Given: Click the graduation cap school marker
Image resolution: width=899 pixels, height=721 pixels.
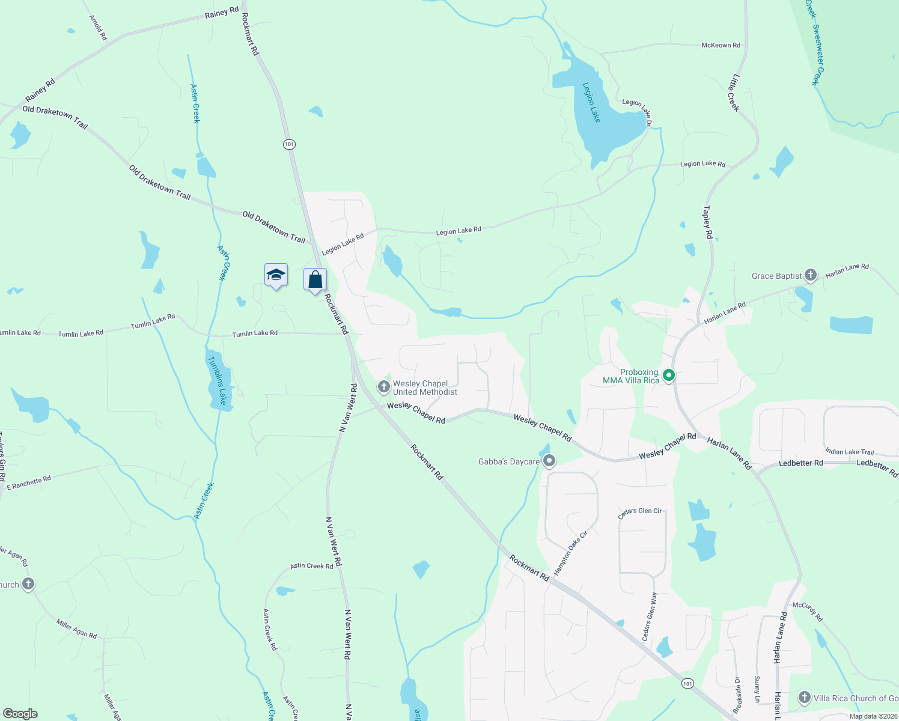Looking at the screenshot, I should [276, 275].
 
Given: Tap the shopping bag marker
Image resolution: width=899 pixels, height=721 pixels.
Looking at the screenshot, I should [315, 279].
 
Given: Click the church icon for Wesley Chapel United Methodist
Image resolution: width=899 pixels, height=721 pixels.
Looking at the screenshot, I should [384, 386].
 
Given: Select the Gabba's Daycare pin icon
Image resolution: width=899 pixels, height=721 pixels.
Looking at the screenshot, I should [549, 461].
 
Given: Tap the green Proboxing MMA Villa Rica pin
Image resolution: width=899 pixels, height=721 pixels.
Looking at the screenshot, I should [668, 376].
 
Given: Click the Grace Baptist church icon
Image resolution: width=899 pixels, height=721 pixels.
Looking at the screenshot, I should [810, 275].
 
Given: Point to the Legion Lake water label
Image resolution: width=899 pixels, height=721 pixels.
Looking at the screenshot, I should [591, 103].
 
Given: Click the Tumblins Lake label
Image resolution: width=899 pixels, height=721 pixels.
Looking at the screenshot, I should [217, 380].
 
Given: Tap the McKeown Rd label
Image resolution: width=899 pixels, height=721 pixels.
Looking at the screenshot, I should [721, 45].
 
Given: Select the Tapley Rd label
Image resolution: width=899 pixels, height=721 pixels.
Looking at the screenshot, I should [707, 222].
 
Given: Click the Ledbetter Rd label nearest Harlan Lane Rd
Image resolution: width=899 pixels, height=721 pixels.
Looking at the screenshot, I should [800, 463].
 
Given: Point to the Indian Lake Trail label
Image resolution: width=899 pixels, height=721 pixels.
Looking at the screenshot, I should [849, 452].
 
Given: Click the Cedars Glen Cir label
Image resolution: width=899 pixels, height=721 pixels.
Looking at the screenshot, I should [639, 511].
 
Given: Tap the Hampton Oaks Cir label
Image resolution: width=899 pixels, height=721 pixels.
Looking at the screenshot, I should [570, 553].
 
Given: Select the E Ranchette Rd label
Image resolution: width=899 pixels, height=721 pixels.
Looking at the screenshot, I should [29, 483].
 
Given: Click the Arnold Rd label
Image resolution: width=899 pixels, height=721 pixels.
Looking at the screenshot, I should [98, 28].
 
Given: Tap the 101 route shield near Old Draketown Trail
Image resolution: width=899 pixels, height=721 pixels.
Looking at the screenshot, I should [290, 144].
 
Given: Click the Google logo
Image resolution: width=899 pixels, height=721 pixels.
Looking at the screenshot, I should [20, 714].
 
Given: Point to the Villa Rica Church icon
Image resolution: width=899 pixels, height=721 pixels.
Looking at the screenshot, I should [804, 698].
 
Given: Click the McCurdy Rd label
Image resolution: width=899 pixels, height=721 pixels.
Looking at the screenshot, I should [807, 612].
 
